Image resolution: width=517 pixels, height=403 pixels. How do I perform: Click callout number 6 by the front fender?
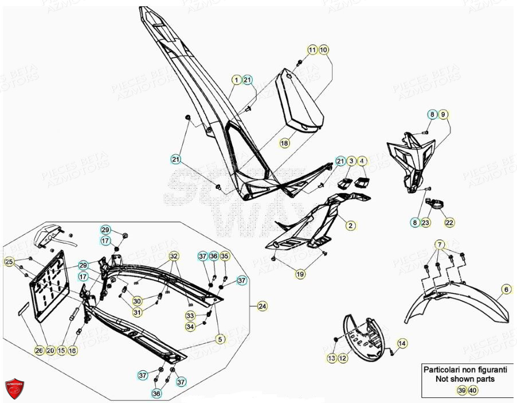coord(506,289)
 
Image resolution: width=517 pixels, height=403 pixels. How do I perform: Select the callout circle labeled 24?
coord(262,306)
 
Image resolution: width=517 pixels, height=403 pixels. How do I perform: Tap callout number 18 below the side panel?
coord(285,142)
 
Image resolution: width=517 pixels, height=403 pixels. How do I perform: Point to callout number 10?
coord(323,50)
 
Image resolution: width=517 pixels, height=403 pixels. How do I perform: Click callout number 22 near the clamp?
coord(449,223)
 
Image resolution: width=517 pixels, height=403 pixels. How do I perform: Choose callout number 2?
coord(350,226)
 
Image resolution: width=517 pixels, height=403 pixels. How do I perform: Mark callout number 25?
coord(9,262)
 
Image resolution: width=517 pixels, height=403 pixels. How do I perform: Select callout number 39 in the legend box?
coord(461,390)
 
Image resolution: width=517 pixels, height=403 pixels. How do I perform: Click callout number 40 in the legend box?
coord(473,390)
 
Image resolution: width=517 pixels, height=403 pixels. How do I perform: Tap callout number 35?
coord(225,255)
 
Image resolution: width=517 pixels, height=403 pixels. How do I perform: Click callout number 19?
coord(300,275)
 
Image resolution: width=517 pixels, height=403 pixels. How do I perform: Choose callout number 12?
coord(343,358)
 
